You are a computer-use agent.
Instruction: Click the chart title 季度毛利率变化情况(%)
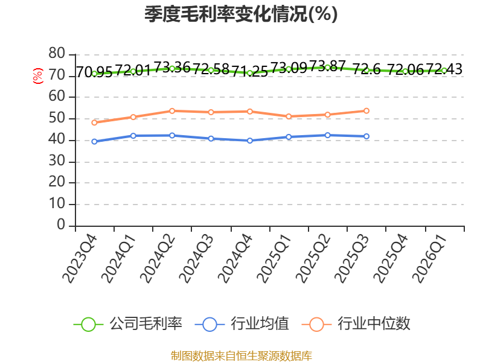(x=241, y=14)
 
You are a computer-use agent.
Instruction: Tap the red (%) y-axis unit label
(x=38, y=76)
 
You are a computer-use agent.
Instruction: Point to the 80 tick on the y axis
(x=57, y=54)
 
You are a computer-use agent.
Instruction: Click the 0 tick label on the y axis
(x=61, y=224)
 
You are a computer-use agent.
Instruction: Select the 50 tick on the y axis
(x=57, y=118)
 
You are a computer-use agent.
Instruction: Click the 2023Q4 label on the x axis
(x=80, y=258)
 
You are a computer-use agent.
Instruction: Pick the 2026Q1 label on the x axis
(x=429, y=258)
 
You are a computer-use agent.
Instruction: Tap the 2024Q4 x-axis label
(x=235, y=258)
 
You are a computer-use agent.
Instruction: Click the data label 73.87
(x=327, y=66)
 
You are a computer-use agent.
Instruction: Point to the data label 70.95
(x=94, y=72)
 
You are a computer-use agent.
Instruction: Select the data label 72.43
(x=444, y=69)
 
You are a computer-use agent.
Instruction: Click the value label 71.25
(x=250, y=71)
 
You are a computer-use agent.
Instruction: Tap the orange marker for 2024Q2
(x=172, y=111)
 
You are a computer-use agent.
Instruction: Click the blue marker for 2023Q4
(x=95, y=142)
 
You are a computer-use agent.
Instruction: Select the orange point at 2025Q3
(x=366, y=111)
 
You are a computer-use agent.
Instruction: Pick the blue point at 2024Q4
(x=250, y=141)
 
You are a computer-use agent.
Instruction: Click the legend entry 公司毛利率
(x=128, y=324)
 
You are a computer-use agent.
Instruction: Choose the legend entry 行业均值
(x=242, y=324)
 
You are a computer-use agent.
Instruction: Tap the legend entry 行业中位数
(x=356, y=324)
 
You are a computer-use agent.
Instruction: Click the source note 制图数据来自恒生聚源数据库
(x=241, y=356)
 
